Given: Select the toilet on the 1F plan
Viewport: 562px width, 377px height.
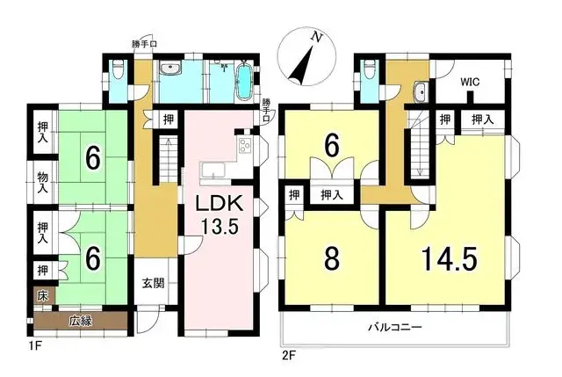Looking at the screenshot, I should pos(119,69).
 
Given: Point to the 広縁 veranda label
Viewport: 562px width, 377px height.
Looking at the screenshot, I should pos(82,321).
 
